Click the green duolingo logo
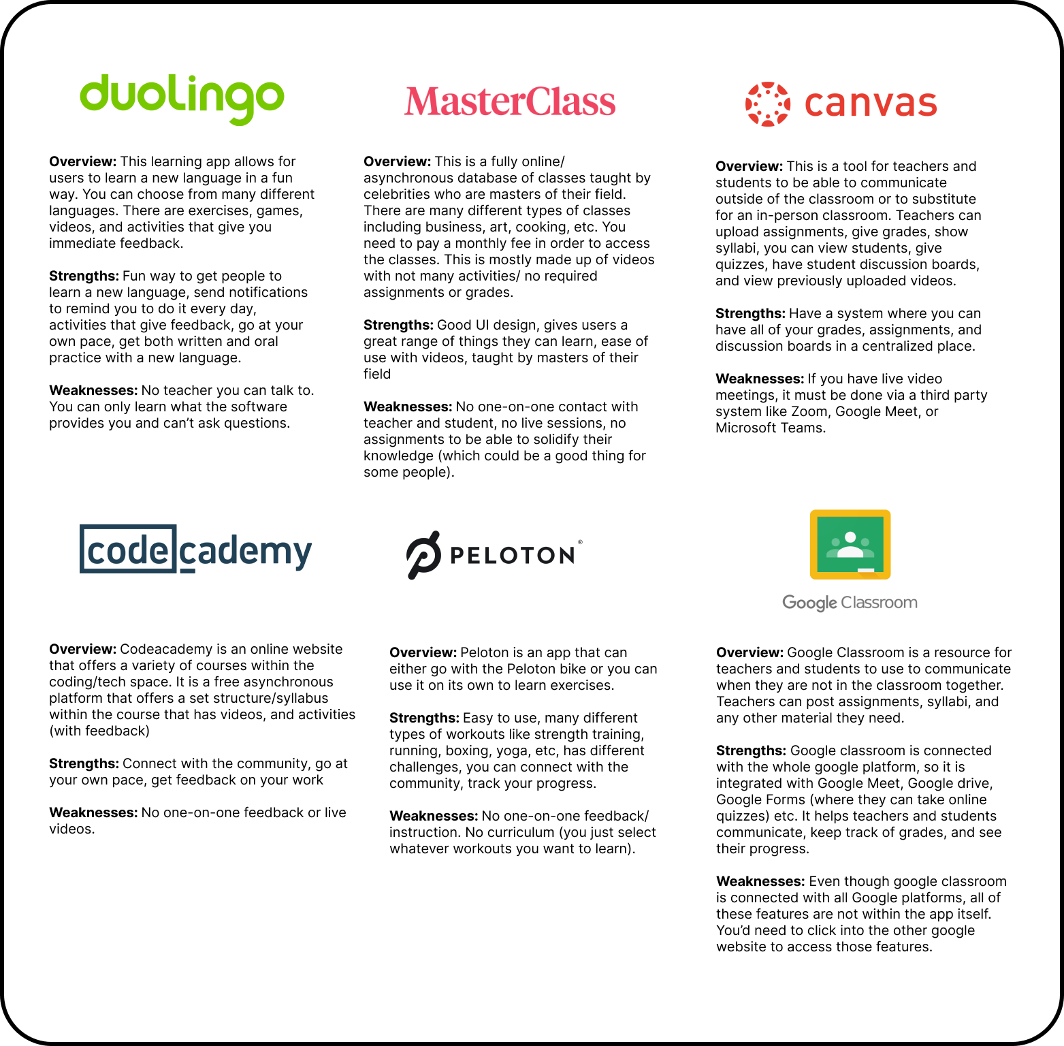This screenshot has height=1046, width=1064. click(x=182, y=99)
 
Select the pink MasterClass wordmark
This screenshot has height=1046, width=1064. click(x=510, y=101)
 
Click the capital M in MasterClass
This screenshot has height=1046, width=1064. click(x=422, y=101)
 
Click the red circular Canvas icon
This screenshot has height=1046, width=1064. click(x=768, y=104)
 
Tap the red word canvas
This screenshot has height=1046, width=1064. click(x=871, y=104)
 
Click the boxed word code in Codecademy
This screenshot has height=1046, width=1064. click(x=128, y=549)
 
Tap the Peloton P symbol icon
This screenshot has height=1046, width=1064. click(x=423, y=555)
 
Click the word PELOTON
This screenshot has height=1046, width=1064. click(x=513, y=556)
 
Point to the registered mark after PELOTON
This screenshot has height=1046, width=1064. click(x=580, y=542)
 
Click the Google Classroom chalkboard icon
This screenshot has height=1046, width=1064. click(x=850, y=544)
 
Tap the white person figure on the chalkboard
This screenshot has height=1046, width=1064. click(x=850, y=545)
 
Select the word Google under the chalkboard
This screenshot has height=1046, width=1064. click(x=809, y=603)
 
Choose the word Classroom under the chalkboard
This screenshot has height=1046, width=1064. click(x=880, y=603)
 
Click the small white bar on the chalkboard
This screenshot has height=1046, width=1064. click(x=866, y=570)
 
